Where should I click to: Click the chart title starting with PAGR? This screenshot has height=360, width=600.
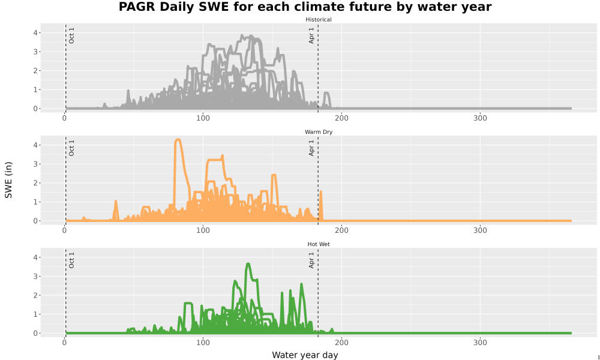[x=305, y=7]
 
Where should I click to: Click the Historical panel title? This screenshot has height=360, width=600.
[x=319, y=20]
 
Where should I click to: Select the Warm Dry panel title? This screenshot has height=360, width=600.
[x=319, y=132]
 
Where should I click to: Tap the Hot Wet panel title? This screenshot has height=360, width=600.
[x=319, y=244]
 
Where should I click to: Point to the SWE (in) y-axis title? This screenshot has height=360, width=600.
[x=8, y=180]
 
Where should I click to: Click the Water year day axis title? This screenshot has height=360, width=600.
[x=305, y=355]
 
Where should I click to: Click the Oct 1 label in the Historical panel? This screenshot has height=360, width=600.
[x=71, y=35]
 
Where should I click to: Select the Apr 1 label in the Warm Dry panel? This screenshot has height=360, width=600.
[x=311, y=148]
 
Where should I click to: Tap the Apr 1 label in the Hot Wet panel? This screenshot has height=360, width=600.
[x=311, y=260]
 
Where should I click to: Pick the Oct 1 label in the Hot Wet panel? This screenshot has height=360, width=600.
[x=71, y=260]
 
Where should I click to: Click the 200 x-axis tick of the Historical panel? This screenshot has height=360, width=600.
[x=341, y=118]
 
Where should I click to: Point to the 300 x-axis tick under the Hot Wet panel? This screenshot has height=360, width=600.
[x=480, y=343]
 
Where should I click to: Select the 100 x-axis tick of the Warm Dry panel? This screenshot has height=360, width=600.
[x=203, y=230]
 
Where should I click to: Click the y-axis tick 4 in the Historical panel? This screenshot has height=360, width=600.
[x=35, y=33]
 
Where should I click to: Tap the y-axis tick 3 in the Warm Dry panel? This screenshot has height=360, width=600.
[x=35, y=164]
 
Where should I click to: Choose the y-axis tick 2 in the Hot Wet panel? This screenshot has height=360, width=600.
[x=35, y=295]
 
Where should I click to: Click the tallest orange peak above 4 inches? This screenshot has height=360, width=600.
[x=178, y=140]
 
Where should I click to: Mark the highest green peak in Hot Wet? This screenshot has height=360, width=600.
[x=248, y=263]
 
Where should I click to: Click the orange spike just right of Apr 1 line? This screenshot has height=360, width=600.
[x=321, y=191]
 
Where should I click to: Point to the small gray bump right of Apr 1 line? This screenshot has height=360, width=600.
[x=326, y=93]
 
